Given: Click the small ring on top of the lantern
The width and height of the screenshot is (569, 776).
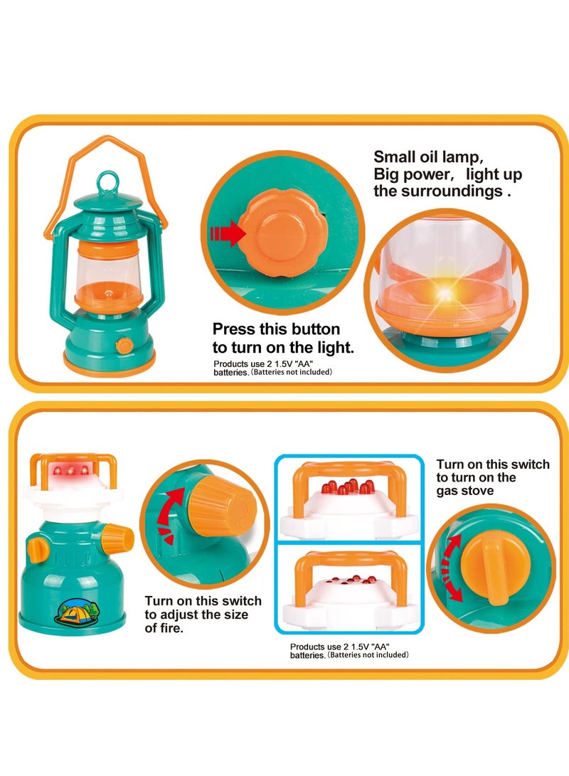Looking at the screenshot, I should [108, 180].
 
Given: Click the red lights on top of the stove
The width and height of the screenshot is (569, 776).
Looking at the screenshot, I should [72, 470].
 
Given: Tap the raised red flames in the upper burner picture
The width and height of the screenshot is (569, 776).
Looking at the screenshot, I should [346, 488].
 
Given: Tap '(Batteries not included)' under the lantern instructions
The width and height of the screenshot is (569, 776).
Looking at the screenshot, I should [291, 371].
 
